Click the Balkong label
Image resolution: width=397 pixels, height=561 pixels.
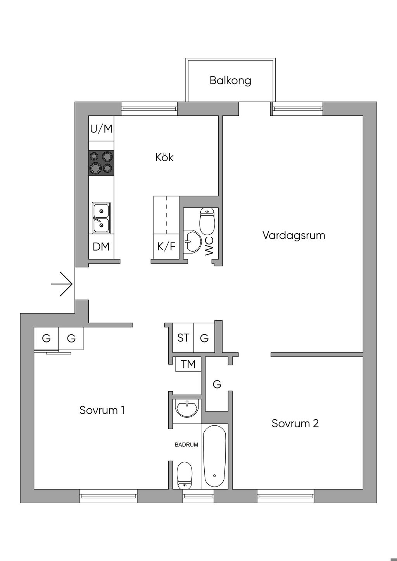coord(230,81)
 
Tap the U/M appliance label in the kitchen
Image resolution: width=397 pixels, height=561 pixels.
coord(101,129)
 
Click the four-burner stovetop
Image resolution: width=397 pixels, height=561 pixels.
coord(101,162)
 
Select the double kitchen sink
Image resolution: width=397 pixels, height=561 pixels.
coord(101,218)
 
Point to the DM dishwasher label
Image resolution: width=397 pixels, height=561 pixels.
coord(101,247)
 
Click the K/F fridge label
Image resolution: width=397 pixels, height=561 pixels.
coord(166,246)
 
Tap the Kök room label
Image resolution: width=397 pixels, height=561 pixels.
coord(164,157)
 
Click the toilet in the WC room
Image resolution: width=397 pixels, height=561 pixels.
coord(207,221)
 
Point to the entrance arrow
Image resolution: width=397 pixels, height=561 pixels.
coord(62,284)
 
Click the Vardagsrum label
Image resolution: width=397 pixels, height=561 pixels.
coord(294,236)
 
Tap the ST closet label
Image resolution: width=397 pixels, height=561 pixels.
coord(183,338)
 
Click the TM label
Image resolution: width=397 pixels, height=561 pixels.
coord(188,364)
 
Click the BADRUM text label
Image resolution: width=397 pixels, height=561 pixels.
coord(186,445)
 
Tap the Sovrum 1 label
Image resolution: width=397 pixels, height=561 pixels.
coord(102,410)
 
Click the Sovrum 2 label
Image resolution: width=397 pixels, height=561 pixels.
coord(295,423)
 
